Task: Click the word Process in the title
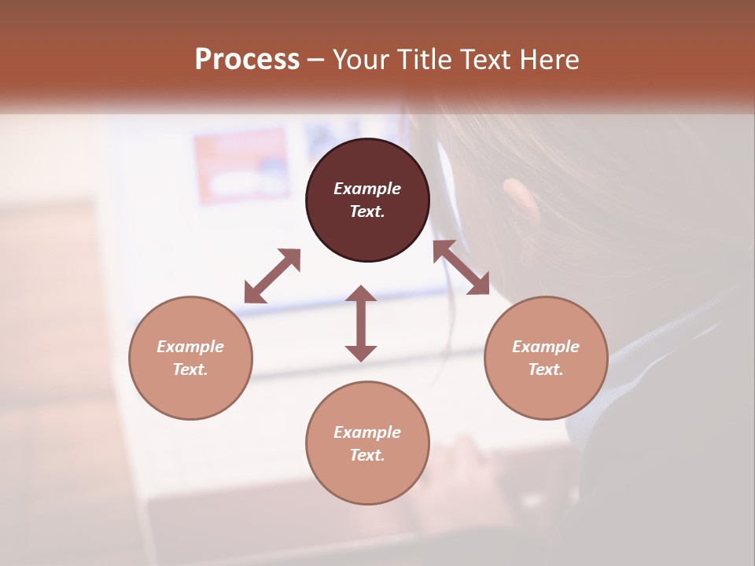point(247,60)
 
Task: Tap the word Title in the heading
point(422,60)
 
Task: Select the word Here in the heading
point(547,60)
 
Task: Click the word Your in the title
point(361,60)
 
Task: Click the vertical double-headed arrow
point(361,323)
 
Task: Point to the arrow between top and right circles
point(461,267)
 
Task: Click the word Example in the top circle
point(367,189)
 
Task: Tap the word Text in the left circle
point(190,369)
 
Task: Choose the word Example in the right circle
point(546,347)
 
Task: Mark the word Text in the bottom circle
point(367,455)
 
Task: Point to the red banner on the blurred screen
point(241,167)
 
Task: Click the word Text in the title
point(483,60)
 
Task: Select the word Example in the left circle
point(190,347)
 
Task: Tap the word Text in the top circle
point(367,211)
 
